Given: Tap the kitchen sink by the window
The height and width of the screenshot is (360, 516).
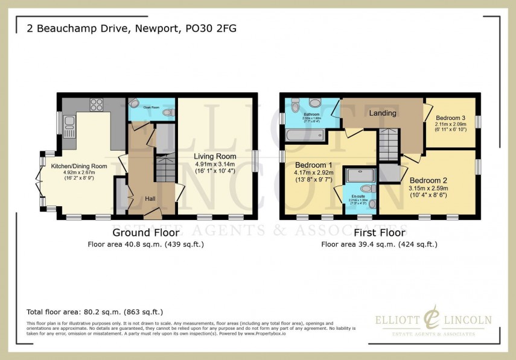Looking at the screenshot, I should click(69, 125).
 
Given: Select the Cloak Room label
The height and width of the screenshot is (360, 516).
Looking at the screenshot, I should click(151, 107).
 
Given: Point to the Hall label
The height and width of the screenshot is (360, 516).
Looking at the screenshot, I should click(151, 198).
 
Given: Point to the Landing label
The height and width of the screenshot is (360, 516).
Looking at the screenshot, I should click(382, 113).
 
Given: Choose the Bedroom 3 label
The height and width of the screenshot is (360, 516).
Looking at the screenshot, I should click(450, 118).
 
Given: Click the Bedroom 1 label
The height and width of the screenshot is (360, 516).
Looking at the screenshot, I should click(313, 165).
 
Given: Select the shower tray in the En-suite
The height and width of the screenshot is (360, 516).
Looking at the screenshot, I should click(360, 175).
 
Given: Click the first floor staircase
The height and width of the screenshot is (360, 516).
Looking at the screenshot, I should click(387, 145).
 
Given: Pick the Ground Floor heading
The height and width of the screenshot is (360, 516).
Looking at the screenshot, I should click(145, 232).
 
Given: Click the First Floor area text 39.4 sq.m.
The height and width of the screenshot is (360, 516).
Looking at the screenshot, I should click(379, 244).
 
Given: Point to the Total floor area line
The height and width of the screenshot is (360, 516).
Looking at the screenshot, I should click(95, 312).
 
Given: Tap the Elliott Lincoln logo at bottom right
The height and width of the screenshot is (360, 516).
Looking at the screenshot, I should click(433, 321).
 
